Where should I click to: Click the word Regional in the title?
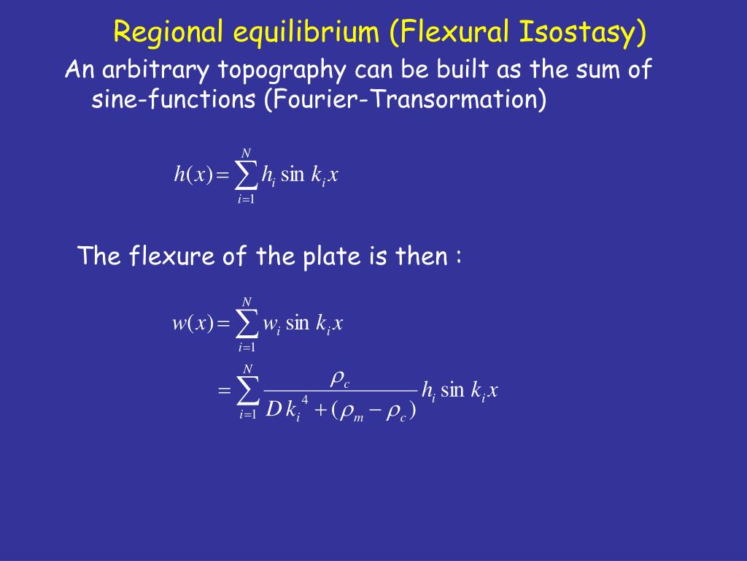(169, 32)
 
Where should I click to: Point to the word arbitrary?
(155, 69)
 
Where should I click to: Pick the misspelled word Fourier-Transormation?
(405, 99)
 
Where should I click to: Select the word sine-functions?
(174, 99)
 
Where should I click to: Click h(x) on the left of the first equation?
(193, 174)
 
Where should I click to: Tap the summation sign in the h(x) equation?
(246, 175)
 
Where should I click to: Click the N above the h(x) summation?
(246, 153)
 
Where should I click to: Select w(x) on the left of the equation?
(193, 323)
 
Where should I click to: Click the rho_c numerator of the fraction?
(340, 379)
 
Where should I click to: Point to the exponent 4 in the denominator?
(305, 399)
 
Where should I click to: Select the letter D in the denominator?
(274, 408)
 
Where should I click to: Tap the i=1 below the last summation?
(248, 415)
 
